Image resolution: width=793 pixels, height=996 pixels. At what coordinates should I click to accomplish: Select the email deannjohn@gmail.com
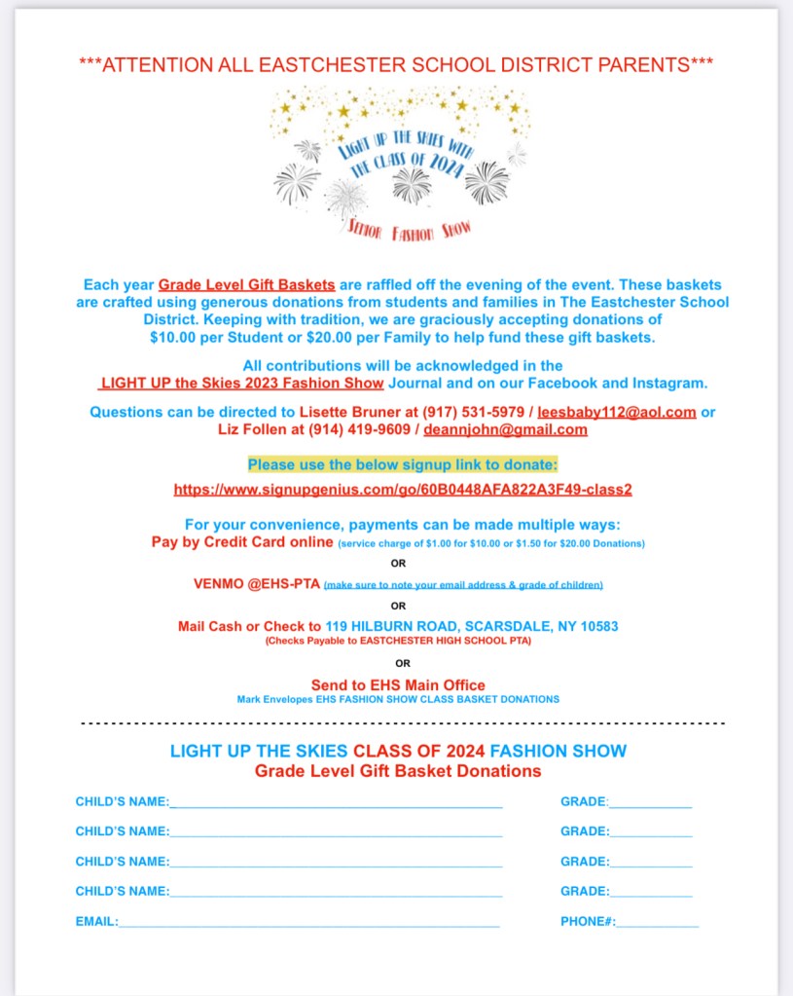[505, 429]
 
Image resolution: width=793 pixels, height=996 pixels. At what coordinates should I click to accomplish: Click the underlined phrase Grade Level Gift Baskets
[247, 285]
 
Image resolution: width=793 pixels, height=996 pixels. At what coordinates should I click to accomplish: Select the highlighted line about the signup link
[403, 464]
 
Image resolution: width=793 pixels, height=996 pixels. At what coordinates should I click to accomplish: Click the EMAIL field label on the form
[96, 921]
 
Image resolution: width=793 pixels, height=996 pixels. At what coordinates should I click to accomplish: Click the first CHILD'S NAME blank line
[336, 802]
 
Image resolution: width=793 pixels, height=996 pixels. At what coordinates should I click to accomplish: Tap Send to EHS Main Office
[398, 685]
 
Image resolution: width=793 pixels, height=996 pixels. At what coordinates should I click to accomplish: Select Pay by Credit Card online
[243, 541]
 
